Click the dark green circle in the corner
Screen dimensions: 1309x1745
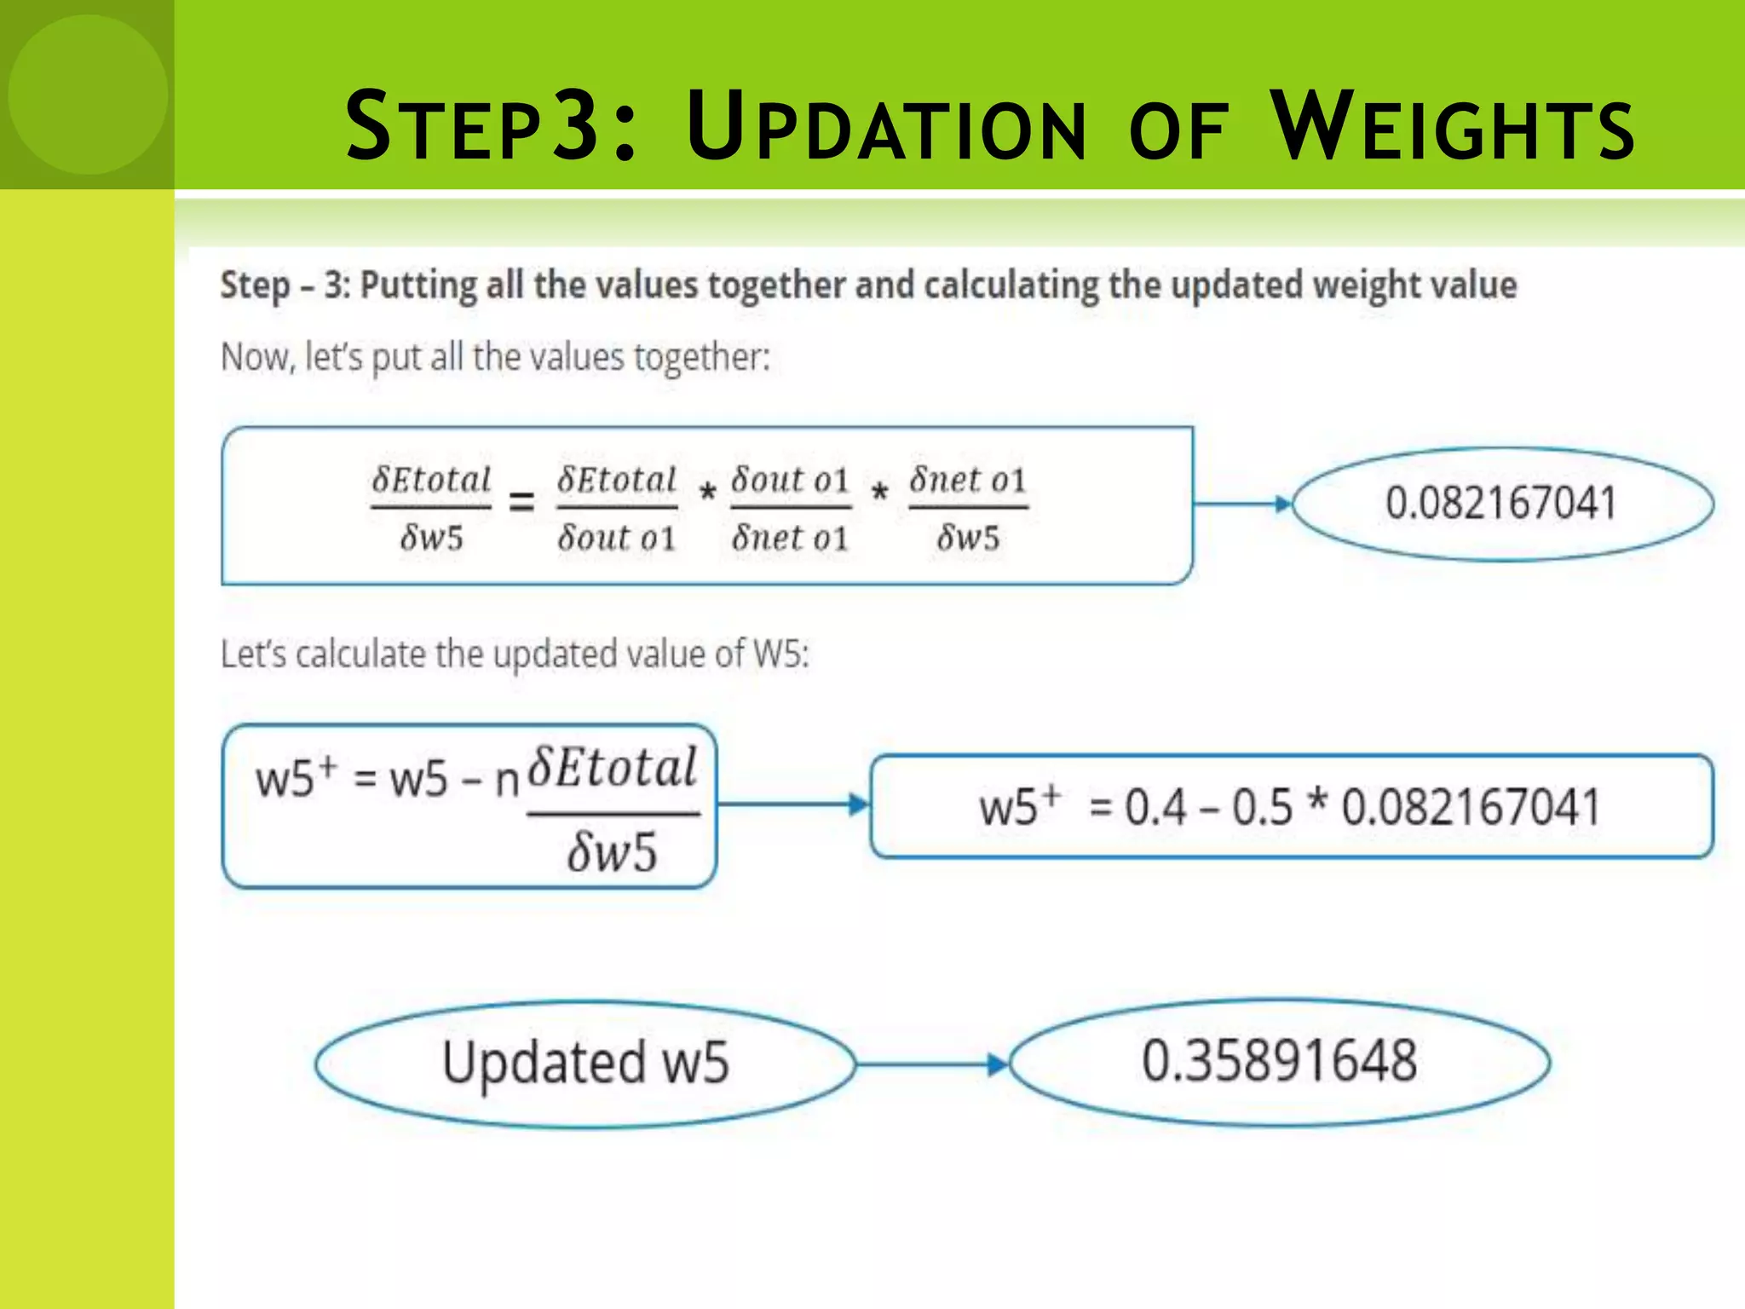click(88, 94)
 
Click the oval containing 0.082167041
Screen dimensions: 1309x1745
click(1502, 504)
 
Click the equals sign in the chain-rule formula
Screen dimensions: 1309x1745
click(521, 503)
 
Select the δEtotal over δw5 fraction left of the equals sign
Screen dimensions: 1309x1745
click(431, 508)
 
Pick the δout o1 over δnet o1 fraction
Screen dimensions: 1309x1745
click(790, 508)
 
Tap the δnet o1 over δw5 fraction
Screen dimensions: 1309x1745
click(968, 508)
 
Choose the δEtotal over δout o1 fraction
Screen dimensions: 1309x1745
click(617, 508)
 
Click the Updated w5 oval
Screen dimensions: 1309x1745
click(585, 1064)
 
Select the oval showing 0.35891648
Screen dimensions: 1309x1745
click(1279, 1062)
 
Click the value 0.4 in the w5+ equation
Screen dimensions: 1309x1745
click(1155, 807)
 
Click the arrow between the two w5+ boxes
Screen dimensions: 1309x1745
click(792, 804)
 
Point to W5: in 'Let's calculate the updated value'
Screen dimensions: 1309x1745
click(781, 654)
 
